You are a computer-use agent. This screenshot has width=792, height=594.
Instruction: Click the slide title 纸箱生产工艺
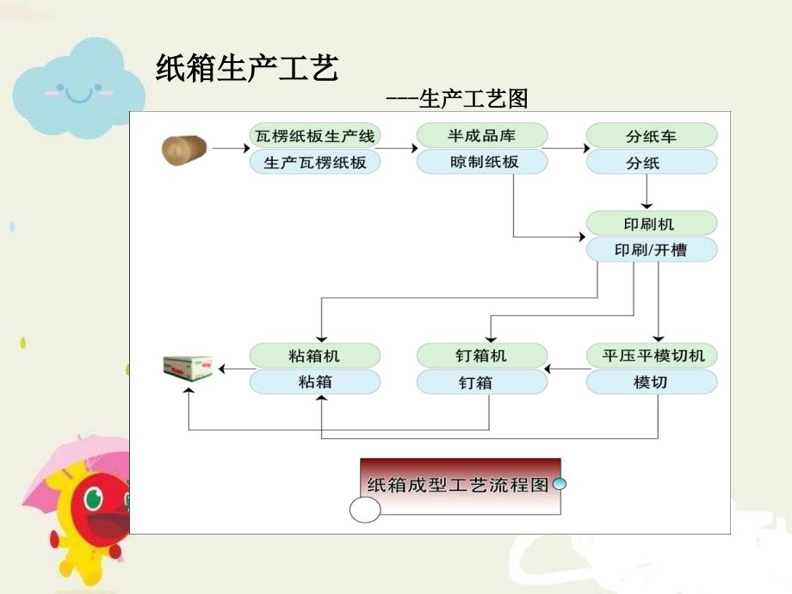pyautogui.click(x=246, y=69)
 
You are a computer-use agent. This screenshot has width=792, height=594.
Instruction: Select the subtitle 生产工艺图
pyautogui.click(x=456, y=100)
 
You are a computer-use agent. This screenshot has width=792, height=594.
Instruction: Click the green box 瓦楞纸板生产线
pyautogui.click(x=315, y=136)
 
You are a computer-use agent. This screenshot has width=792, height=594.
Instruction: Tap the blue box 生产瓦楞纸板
pyautogui.click(x=315, y=162)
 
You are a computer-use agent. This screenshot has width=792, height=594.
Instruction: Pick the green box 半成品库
pyautogui.click(x=481, y=136)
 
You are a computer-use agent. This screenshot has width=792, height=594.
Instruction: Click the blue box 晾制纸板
pyautogui.click(x=481, y=162)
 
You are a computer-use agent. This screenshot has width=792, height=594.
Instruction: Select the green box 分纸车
pyautogui.click(x=652, y=136)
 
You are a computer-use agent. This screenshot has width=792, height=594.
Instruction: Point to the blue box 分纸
pyautogui.click(x=652, y=162)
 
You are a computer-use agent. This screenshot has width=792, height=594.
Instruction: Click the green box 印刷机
pyautogui.click(x=652, y=224)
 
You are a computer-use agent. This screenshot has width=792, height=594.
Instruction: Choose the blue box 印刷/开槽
pyautogui.click(x=652, y=250)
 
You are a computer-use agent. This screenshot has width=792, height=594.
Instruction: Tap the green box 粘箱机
pyautogui.click(x=315, y=356)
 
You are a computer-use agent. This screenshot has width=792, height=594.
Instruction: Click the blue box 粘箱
pyautogui.click(x=315, y=381)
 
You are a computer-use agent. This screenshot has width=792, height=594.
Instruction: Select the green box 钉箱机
pyautogui.click(x=481, y=356)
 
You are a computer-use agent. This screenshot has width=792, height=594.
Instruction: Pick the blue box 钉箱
pyautogui.click(x=481, y=381)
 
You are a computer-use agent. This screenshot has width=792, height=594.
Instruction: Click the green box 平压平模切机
pyautogui.click(x=652, y=356)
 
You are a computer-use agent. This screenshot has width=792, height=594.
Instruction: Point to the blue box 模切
pyautogui.click(x=652, y=381)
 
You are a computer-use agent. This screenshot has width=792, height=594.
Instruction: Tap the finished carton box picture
pyautogui.click(x=188, y=368)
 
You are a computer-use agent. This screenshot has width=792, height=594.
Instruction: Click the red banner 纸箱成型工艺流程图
pyautogui.click(x=458, y=485)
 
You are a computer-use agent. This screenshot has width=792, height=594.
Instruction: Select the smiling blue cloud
pyautogui.click(x=77, y=90)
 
